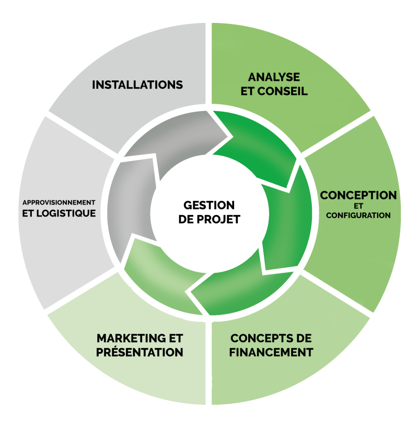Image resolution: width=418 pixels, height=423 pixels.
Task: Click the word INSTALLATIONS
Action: pyautogui.click(x=137, y=84)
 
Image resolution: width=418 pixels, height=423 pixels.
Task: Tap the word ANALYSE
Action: pyautogui.click(x=274, y=77)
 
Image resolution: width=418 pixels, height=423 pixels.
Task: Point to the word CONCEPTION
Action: pyautogui.click(x=358, y=196)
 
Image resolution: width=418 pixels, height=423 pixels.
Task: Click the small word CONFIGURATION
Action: pyautogui.click(x=358, y=215)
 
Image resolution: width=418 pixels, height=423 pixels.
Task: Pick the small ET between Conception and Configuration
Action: pyautogui.click(x=358, y=206)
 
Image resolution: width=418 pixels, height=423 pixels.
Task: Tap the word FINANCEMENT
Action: pyautogui.click(x=271, y=352)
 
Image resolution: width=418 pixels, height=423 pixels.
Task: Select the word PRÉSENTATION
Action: pyautogui.click(x=140, y=352)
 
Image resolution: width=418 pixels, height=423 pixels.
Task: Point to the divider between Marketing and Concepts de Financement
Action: pyautogui.click(x=209, y=360)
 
